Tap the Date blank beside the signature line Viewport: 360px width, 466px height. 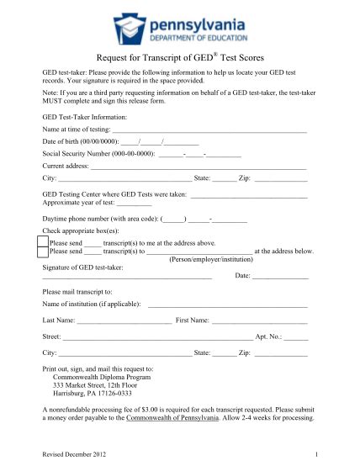pyautogui.click(x=280, y=277)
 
